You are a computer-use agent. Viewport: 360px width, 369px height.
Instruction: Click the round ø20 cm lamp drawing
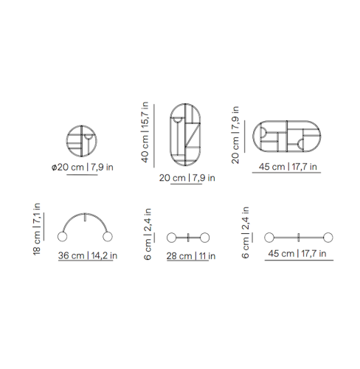pos(82,125)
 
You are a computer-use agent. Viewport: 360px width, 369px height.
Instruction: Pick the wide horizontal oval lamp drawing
pos(287,121)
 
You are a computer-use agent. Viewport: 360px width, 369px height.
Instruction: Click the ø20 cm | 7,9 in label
pos(83,168)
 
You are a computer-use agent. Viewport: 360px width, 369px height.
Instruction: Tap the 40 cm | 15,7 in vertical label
pos(145,132)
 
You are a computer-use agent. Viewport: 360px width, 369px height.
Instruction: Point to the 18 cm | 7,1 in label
pos(36,229)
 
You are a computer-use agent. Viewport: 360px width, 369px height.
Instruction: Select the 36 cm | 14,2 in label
pos(88,255)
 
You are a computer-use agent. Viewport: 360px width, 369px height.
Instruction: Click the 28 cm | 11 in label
pos(191,256)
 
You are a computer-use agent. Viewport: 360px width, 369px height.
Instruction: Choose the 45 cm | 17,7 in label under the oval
pos(288,167)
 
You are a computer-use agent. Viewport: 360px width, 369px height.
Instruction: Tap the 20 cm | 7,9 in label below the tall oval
pos(187,178)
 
